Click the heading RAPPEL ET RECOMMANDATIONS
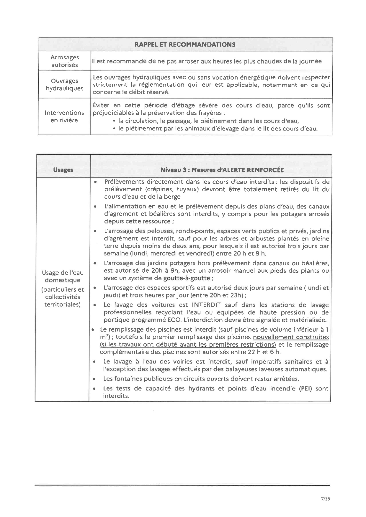coord(185,45)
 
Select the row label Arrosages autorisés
coord(64,61)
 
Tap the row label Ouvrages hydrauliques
coord(64,84)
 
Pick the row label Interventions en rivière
coord(64,116)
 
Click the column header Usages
coord(63,170)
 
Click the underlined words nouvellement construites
coord(291,337)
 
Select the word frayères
coord(210,113)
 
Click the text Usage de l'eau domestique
coord(63,276)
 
